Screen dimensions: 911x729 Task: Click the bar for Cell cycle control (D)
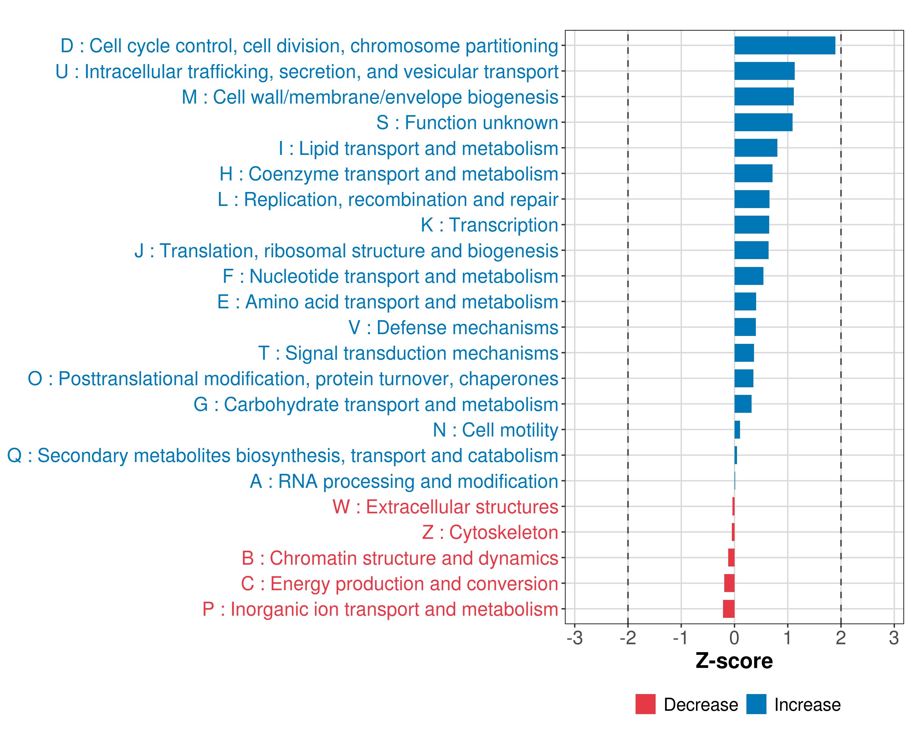pos(785,46)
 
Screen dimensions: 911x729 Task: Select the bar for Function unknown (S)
pos(763,122)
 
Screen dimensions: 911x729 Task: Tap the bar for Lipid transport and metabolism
pos(756,148)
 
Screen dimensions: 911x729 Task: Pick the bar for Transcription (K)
pos(752,225)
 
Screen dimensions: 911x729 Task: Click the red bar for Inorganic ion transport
pos(729,609)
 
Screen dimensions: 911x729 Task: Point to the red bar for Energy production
pos(729,583)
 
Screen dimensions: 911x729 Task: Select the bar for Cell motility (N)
pos(737,430)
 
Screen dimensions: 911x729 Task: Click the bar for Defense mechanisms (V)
pos(745,327)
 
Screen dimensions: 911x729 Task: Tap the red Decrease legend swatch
pos(646,704)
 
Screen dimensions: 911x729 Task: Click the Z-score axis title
pos(734,661)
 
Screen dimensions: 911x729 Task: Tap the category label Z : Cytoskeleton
pos(490,532)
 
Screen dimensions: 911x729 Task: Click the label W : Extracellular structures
pos(445,507)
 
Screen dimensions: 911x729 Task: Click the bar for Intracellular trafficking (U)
pos(764,71)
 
